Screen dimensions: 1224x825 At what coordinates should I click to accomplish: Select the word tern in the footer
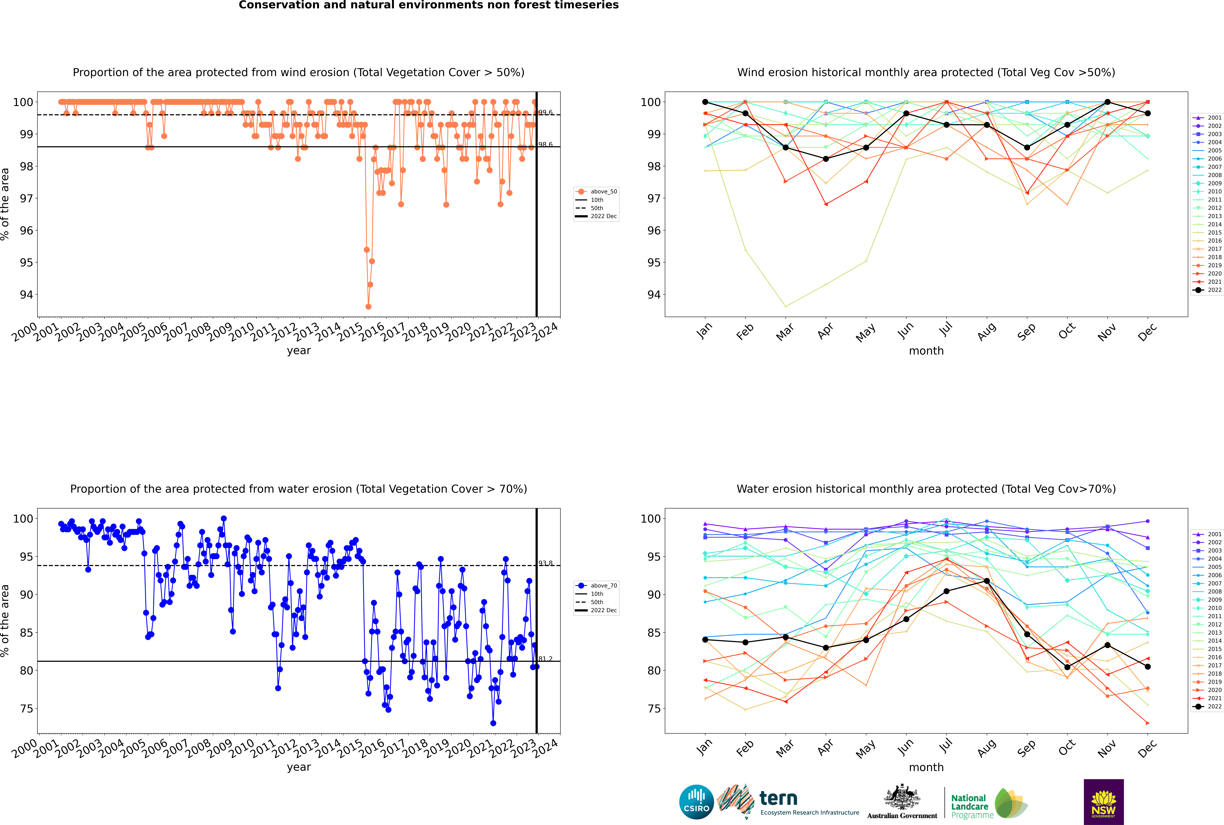pyautogui.click(x=778, y=799)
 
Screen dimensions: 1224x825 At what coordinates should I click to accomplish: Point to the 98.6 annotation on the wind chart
pyautogui.click(x=545, y=145)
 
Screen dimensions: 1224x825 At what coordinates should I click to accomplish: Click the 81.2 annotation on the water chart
pyautogui.click(x=545, y=659)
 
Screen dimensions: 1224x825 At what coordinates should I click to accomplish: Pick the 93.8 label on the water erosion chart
pyautogui.click(x=545, y=563)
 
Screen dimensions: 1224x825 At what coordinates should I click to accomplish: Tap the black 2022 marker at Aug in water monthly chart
pyautogui.click(x=987, y=581)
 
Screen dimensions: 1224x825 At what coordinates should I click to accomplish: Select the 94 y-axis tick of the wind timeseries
pyautogui.click(x=26, y=295)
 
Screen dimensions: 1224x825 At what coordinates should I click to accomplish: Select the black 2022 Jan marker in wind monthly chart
pyautogui.click(x=705, y=102)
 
